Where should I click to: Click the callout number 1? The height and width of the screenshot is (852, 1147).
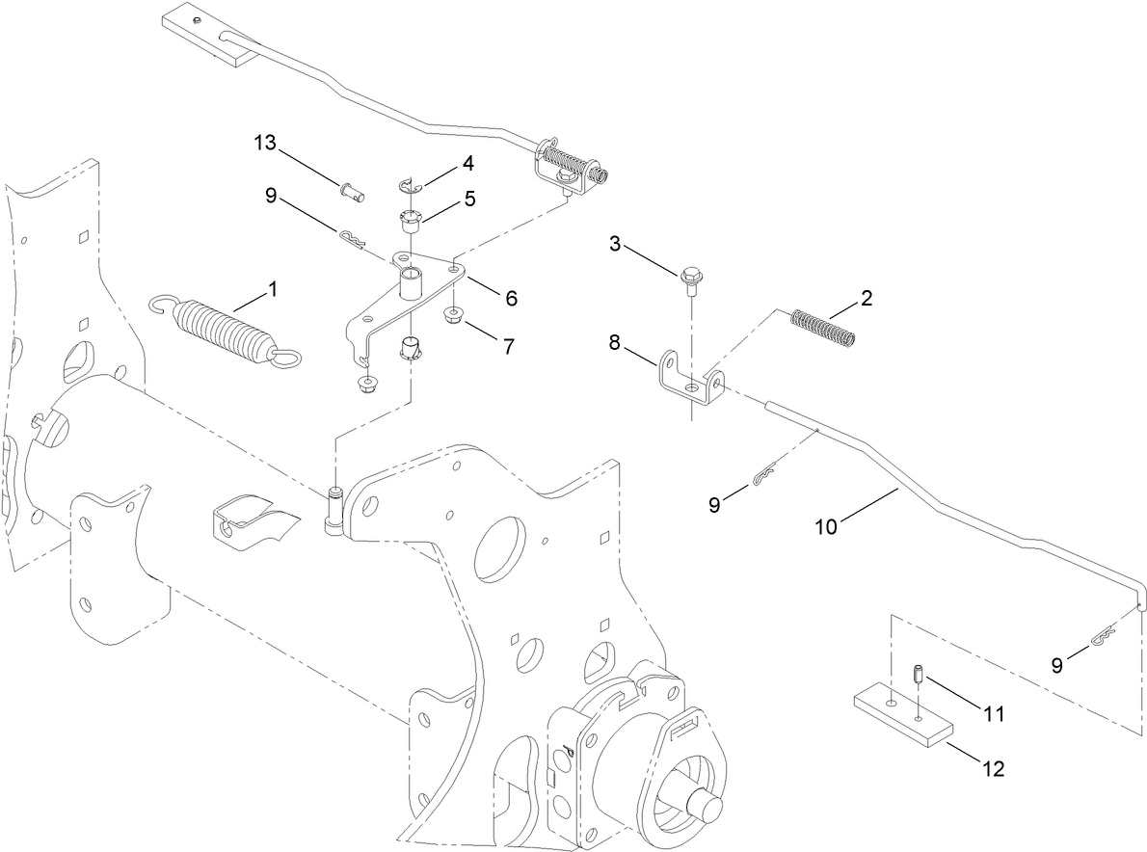click(x=273, y=288)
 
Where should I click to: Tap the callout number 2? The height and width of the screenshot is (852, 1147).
click(x=867, y=297)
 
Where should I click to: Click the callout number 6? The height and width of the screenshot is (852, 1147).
click(x=510, y=299)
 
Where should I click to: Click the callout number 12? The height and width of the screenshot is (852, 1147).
click(x=992, y=768)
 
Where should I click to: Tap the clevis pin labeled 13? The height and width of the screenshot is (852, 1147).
click(x=353, y=191)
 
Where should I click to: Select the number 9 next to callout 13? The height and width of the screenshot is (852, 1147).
click(x=272, y=196)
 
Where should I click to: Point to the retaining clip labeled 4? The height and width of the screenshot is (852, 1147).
click(x=409, y=185)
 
